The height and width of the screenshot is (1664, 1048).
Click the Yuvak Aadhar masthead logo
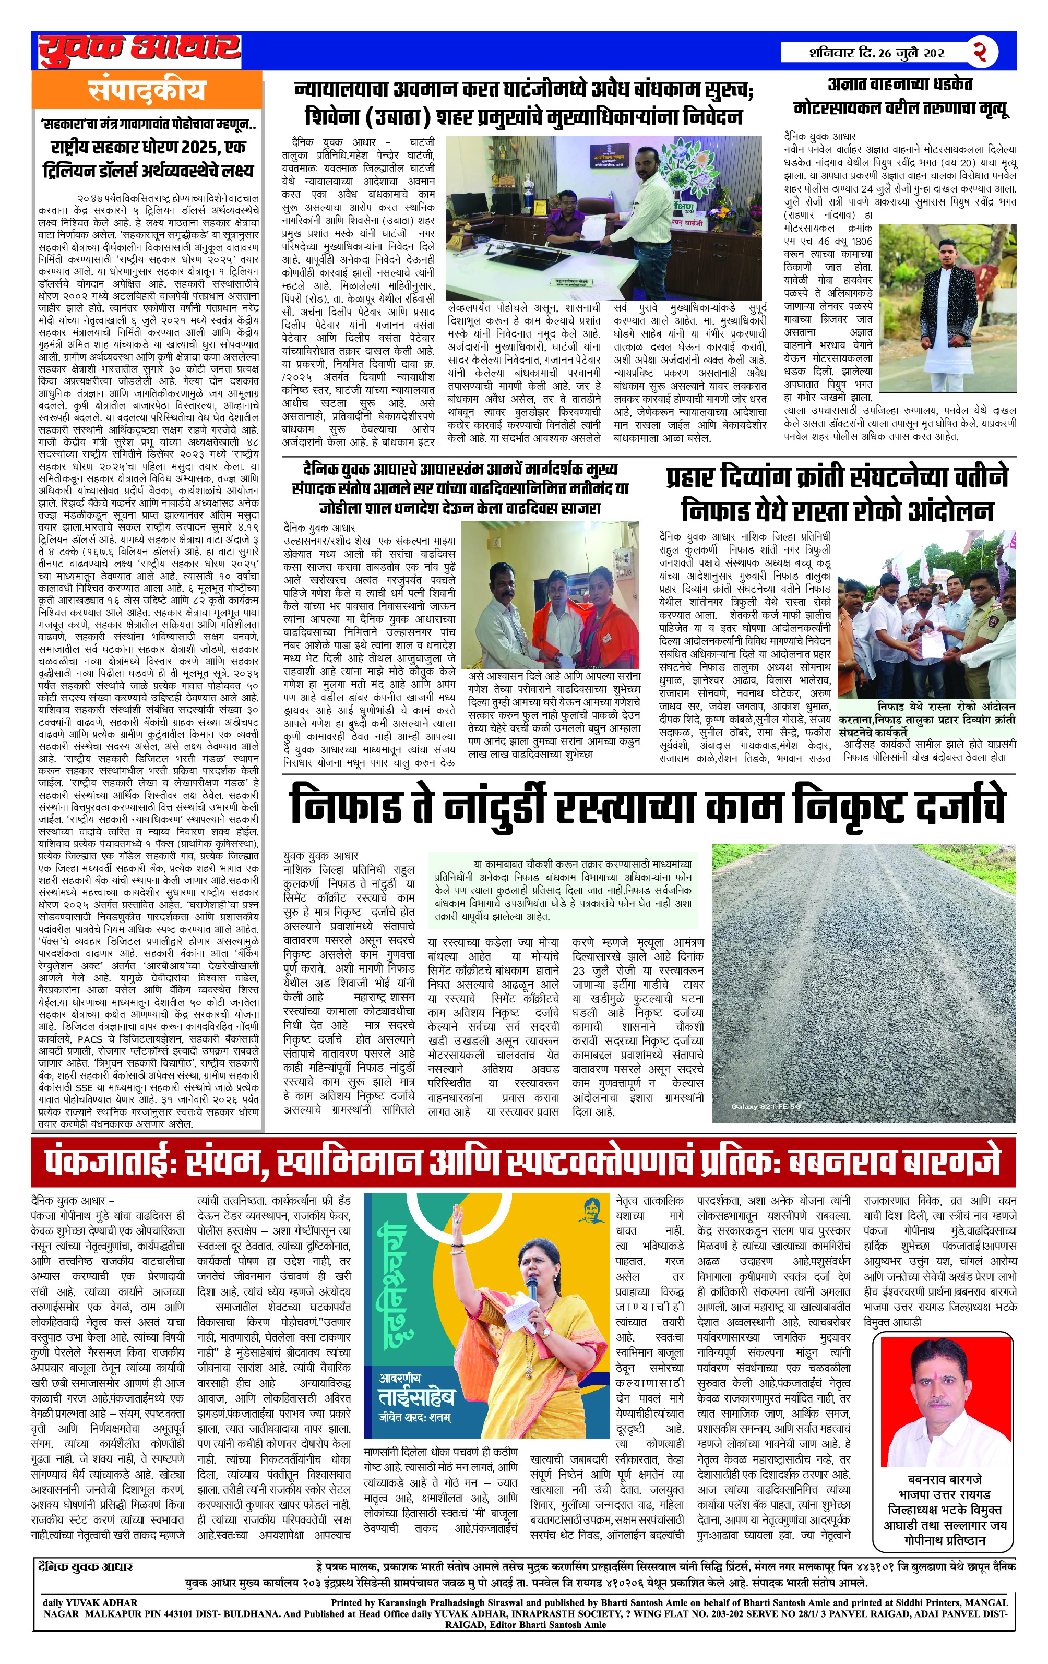139,50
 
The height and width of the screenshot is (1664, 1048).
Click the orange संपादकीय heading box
147,90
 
